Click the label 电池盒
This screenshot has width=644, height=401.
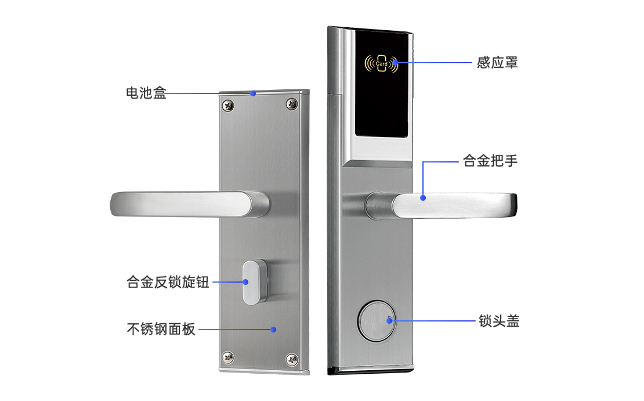(x=146, y=93)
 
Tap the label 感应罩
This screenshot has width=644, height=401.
(x=497, y=63)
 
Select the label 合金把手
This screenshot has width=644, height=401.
(x=490, y=161)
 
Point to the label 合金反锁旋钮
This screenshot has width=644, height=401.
(x=168, y=282)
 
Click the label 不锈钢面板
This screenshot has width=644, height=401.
(x=161, y=329)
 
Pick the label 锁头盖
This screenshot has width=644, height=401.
(x=499, y=321)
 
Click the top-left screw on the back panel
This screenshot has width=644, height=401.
(x=228, y=105)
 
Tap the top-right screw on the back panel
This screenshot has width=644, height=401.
(x=292, y=104)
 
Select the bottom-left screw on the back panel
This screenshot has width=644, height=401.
(x=227, y=357)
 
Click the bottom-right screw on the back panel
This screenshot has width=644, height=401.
(x=292, y=359)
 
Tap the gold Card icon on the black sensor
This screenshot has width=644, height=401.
(x=381, y=64)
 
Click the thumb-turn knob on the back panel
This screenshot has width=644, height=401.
(x=254, y=282)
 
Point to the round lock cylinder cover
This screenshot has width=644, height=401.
(x=377, y=321)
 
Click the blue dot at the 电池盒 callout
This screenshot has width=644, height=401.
(x=253, y=93)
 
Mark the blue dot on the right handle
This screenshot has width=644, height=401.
(x=423, y=198)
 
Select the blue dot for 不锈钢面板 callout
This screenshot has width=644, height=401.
(x=273, y=330)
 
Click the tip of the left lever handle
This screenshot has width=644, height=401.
(x=113, y=204)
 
